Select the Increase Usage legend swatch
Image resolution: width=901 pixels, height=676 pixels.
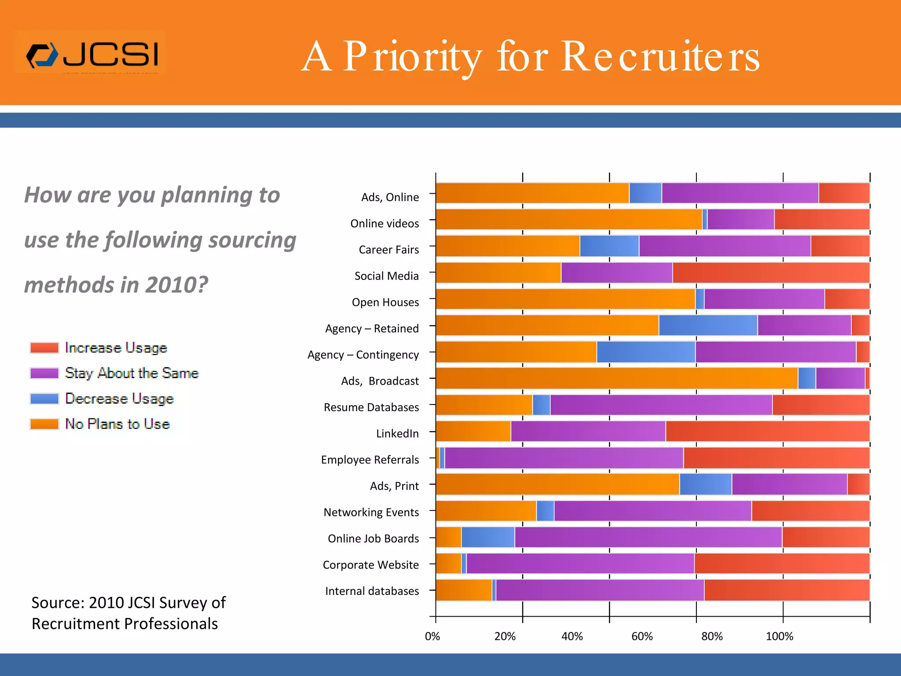pyautogui.click(x=44, y=348)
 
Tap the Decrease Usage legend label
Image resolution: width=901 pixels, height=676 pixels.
pyautogui.click(x=119, y=399)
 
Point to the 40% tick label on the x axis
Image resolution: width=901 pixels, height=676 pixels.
pyautogui.click(x=572, y=636)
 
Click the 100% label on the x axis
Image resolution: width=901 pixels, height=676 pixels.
pyautogui.click(x=779, y=636)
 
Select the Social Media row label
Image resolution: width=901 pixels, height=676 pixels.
pyautogui.click(x=386, y=276)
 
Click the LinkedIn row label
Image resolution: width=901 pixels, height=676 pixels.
pyautogui.click(x=397, y=434)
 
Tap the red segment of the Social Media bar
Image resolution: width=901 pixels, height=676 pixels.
pyautogui.click(x=771, y=273)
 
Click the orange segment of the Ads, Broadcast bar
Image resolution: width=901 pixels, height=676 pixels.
pyautogui.click(x=616, y=378)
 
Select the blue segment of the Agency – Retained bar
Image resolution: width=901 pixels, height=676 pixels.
pyautogui.click(x=708, y=326)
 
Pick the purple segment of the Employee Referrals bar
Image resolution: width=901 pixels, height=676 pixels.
pyautogui.click(x=563, y=458)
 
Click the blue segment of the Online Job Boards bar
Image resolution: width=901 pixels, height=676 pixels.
pyautogui.click(x=488, y=537)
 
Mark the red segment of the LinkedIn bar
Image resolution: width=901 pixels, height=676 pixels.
pyautogui.click(x=767, y=431)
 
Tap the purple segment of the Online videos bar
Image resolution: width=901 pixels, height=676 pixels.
pyautogui.click(x=740, y=220)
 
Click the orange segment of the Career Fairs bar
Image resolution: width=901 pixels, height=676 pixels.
pyautogui.click(x=508, y=246)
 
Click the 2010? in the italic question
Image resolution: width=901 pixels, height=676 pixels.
pyautogui.click(x=176, y=285)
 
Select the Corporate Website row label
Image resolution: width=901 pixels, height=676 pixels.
pyautogui.click(x=370, y=565)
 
